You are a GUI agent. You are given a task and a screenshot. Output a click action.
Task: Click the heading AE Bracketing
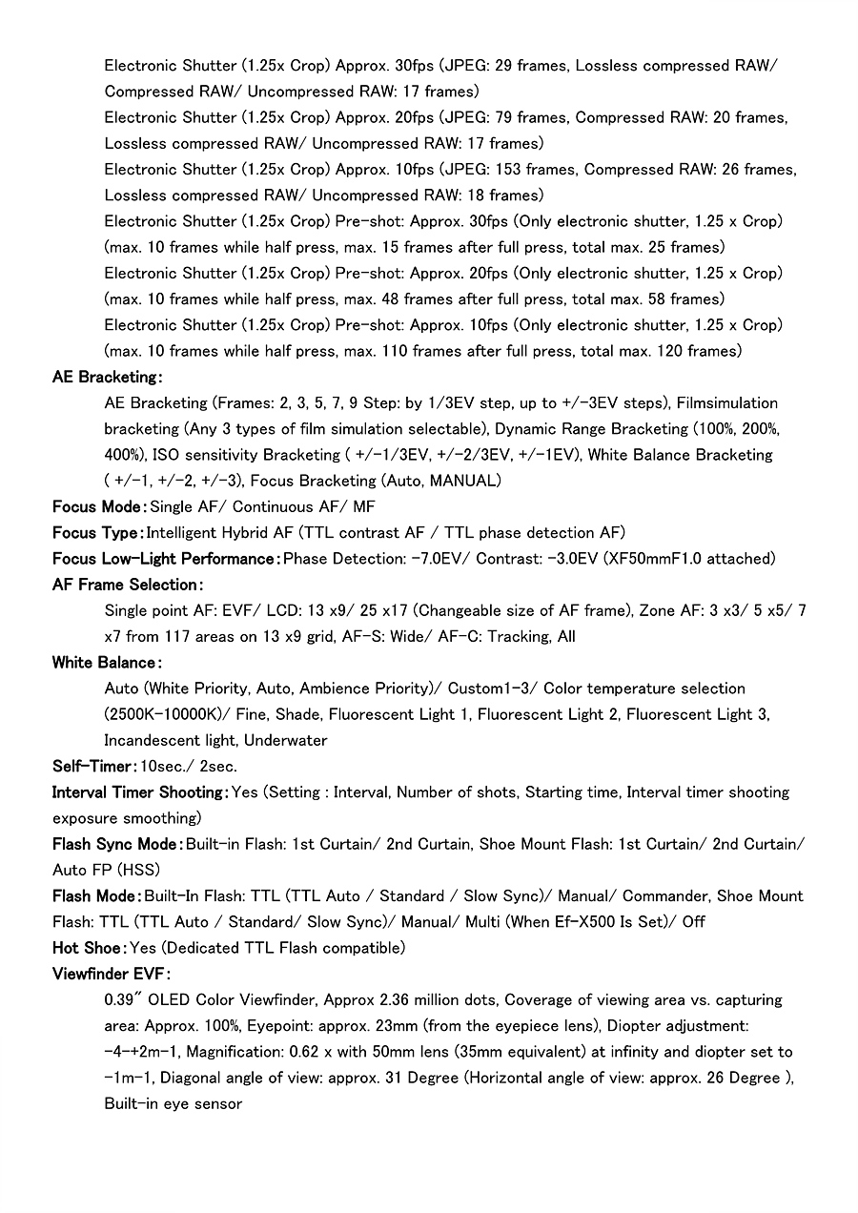(x=106, y=377)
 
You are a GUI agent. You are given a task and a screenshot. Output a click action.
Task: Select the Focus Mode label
(x=98, y=506)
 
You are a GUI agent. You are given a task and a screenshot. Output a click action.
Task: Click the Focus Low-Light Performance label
(x=165, y=558)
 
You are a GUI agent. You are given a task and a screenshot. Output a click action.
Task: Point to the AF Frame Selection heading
(x=127, y=584)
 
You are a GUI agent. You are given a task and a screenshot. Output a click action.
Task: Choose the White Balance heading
(x=106, y=662)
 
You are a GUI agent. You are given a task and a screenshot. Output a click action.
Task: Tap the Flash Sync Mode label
(x=116, y=844)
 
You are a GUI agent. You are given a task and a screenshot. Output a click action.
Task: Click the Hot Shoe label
(x=88, y=948)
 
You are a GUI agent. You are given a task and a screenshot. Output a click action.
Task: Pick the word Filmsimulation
(x=726, y=402)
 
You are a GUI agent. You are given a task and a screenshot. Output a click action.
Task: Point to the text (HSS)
(x=138, y=870)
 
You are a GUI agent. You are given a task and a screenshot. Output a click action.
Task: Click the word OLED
(x=169, y=1000)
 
